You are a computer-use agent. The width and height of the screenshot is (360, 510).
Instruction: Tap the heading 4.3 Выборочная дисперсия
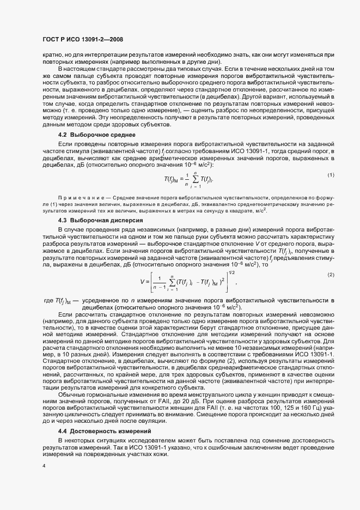point(100,220)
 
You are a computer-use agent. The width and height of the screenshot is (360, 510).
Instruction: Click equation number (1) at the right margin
point(331,174)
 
